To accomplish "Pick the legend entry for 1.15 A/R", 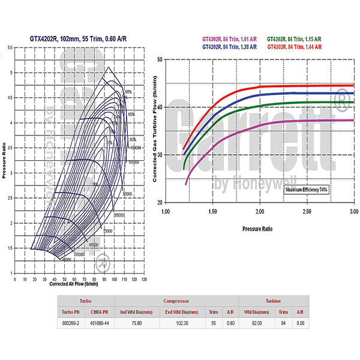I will point(294,38).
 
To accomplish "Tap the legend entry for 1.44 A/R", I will point(294,46).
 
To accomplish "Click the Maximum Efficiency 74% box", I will point(306,190).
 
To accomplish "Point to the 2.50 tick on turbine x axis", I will point(307,211).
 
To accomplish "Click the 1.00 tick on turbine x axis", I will point(166,211).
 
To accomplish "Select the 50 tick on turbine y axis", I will point(159,59).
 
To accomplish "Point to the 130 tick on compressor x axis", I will point(143,279).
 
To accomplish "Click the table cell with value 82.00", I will point(257,323).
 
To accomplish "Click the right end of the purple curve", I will point(353,121).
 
